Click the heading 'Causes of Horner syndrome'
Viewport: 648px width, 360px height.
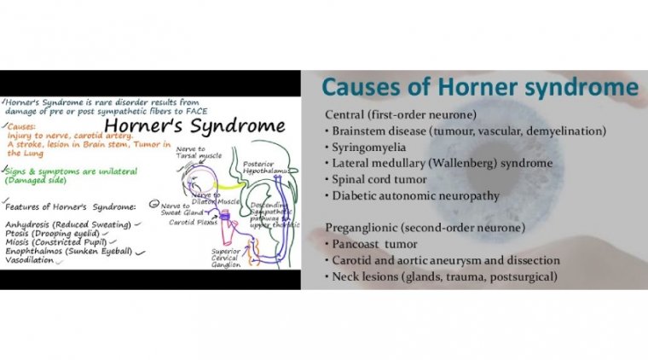point(479,89)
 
